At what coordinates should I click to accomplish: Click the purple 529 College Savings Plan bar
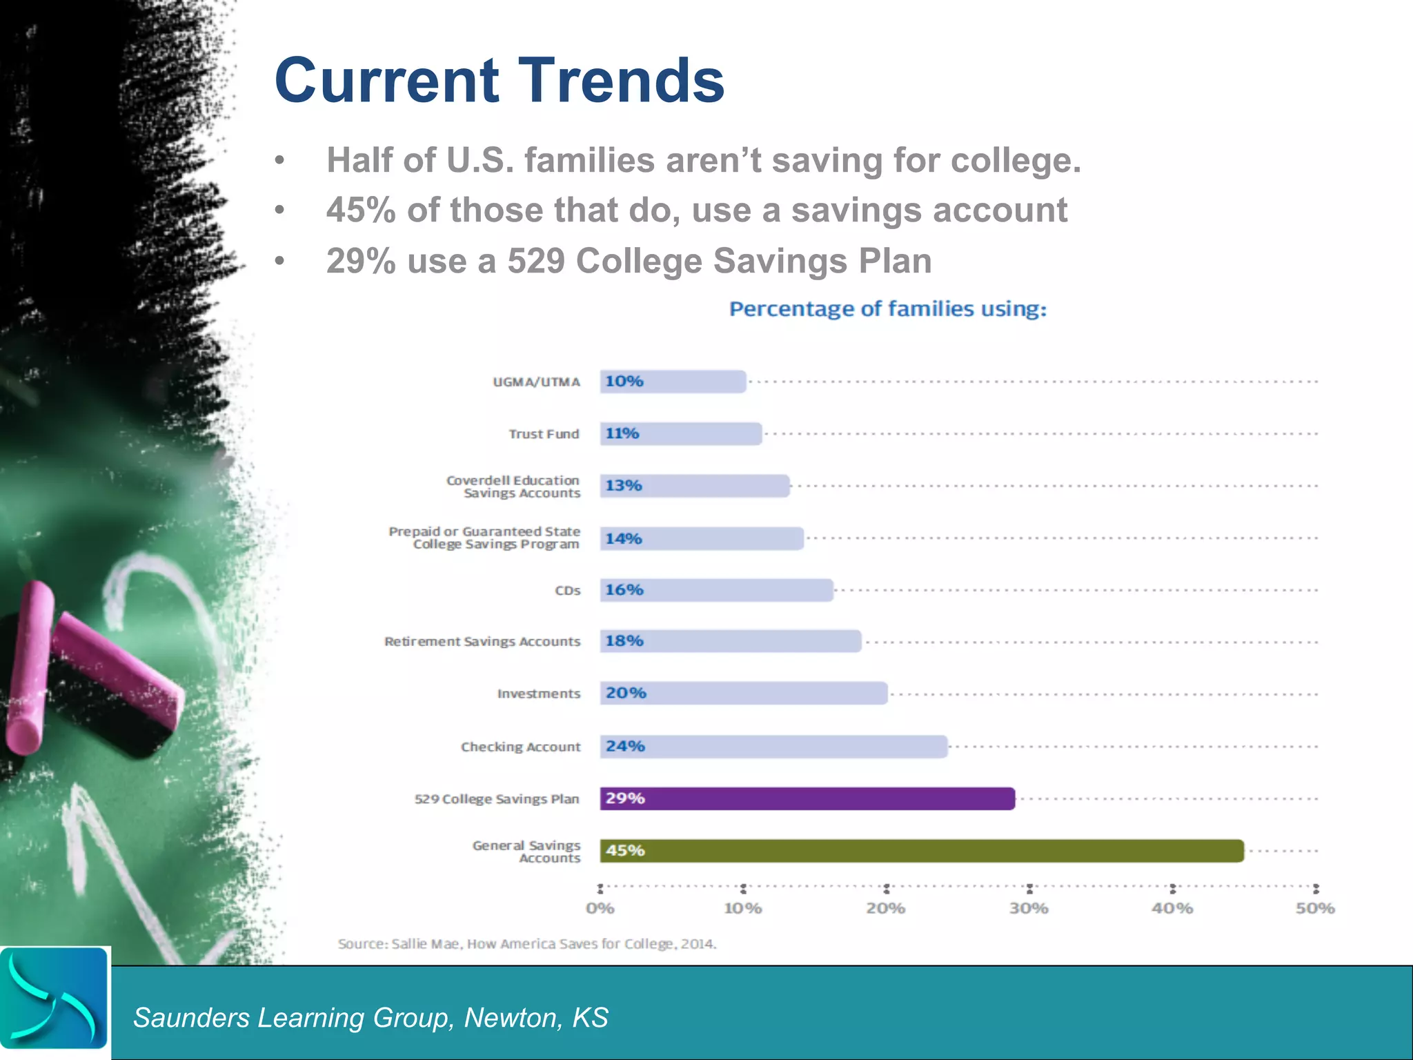(x=807, y=798)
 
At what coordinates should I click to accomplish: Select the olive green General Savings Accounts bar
(x=922, y=850)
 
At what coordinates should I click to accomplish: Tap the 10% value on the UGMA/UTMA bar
(x=624, y=381)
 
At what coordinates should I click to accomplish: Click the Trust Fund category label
(x=544, y=434)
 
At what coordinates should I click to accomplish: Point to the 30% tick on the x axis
(x=1029, y=889)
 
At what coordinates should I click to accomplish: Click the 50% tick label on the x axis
(x=1315, y=908)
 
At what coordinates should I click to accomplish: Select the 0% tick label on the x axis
(x=600, y=908)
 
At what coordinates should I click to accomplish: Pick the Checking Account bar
(x=773, y=746)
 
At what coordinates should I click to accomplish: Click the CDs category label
(x=568, y=591)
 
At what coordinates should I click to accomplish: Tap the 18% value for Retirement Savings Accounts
(x=624, y=640)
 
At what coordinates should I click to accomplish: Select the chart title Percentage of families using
(x=887, y=308)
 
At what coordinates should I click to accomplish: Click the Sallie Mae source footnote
(x=527, y=943)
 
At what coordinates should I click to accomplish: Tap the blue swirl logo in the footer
(x=54, y=998)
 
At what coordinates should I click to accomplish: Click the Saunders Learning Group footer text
(x=370, y=1017)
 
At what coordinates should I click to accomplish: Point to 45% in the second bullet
(x=361, y=210)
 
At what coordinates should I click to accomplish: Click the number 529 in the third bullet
(x=536, y=261)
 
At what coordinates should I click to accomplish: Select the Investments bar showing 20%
(x=743, y=693)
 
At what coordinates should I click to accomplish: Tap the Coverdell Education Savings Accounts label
(x=513, y=486)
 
